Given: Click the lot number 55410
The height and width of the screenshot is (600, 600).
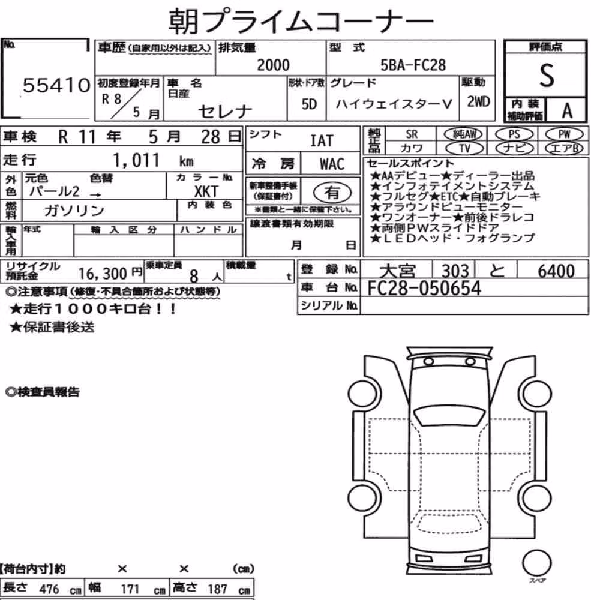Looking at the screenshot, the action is pos(56,85).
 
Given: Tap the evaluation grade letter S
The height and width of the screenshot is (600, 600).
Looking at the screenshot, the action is pos(547,75).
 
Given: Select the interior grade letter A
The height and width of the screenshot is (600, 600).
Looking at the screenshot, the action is pos(567,110).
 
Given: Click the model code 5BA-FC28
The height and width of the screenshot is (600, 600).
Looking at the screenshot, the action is pos(413,65).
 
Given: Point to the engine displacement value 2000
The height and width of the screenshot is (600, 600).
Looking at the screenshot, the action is pos(273,65).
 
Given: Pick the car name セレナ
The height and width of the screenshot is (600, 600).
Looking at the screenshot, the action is pos(225,112).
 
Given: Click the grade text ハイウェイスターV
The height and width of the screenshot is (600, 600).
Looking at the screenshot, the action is pos(394,104).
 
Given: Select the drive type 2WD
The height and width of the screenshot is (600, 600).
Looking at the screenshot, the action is pos(478,102).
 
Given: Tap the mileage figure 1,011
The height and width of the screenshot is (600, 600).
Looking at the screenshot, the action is pos(136,160).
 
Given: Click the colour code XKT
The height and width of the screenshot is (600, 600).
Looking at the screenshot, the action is pos(206,191).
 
